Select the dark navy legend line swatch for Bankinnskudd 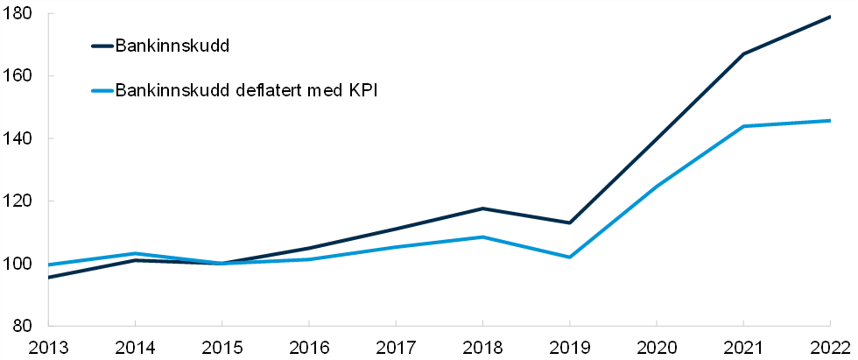[102, 46]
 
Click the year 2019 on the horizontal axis [569, 346]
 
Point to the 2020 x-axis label [656, 346]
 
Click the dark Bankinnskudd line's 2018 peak [482, 208]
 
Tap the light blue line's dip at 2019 [569, 258]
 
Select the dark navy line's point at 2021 [742, 54]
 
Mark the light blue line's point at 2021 [742, 126]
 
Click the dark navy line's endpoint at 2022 [829, 17]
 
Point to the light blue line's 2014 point [135, 254]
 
